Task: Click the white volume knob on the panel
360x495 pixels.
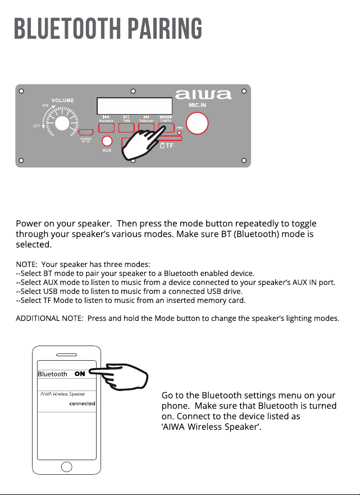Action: [x=62, y=123]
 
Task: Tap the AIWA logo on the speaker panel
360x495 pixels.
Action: [x=203, y=94]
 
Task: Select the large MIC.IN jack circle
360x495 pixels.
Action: [x=197, y=123]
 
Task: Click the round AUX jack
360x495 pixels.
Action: [x=107, y=141]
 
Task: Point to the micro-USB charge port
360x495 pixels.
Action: [x=86, y=132]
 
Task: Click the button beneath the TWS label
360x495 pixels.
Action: [x=126, y=128]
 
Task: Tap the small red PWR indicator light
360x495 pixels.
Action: [x=180, y=133]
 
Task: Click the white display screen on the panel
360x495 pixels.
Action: [x=134, y=106]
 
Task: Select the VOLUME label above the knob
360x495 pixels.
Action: [x=63, y=101]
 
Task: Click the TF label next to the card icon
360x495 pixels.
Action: [x=170, y=146]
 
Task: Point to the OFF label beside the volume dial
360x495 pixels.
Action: [x=37, y=126]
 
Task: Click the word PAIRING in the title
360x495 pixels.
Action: [x=165, y=29]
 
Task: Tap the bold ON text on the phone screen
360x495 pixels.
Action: [x=80, y=374]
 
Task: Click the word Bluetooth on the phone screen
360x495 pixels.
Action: [x=52, y=374]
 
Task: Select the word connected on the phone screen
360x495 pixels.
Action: [x=83, y=403]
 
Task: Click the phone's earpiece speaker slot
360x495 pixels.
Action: [x=67, y=355]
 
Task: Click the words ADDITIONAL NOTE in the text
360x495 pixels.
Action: [x=49, y=318]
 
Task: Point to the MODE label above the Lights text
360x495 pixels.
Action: [x=166, y=117]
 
